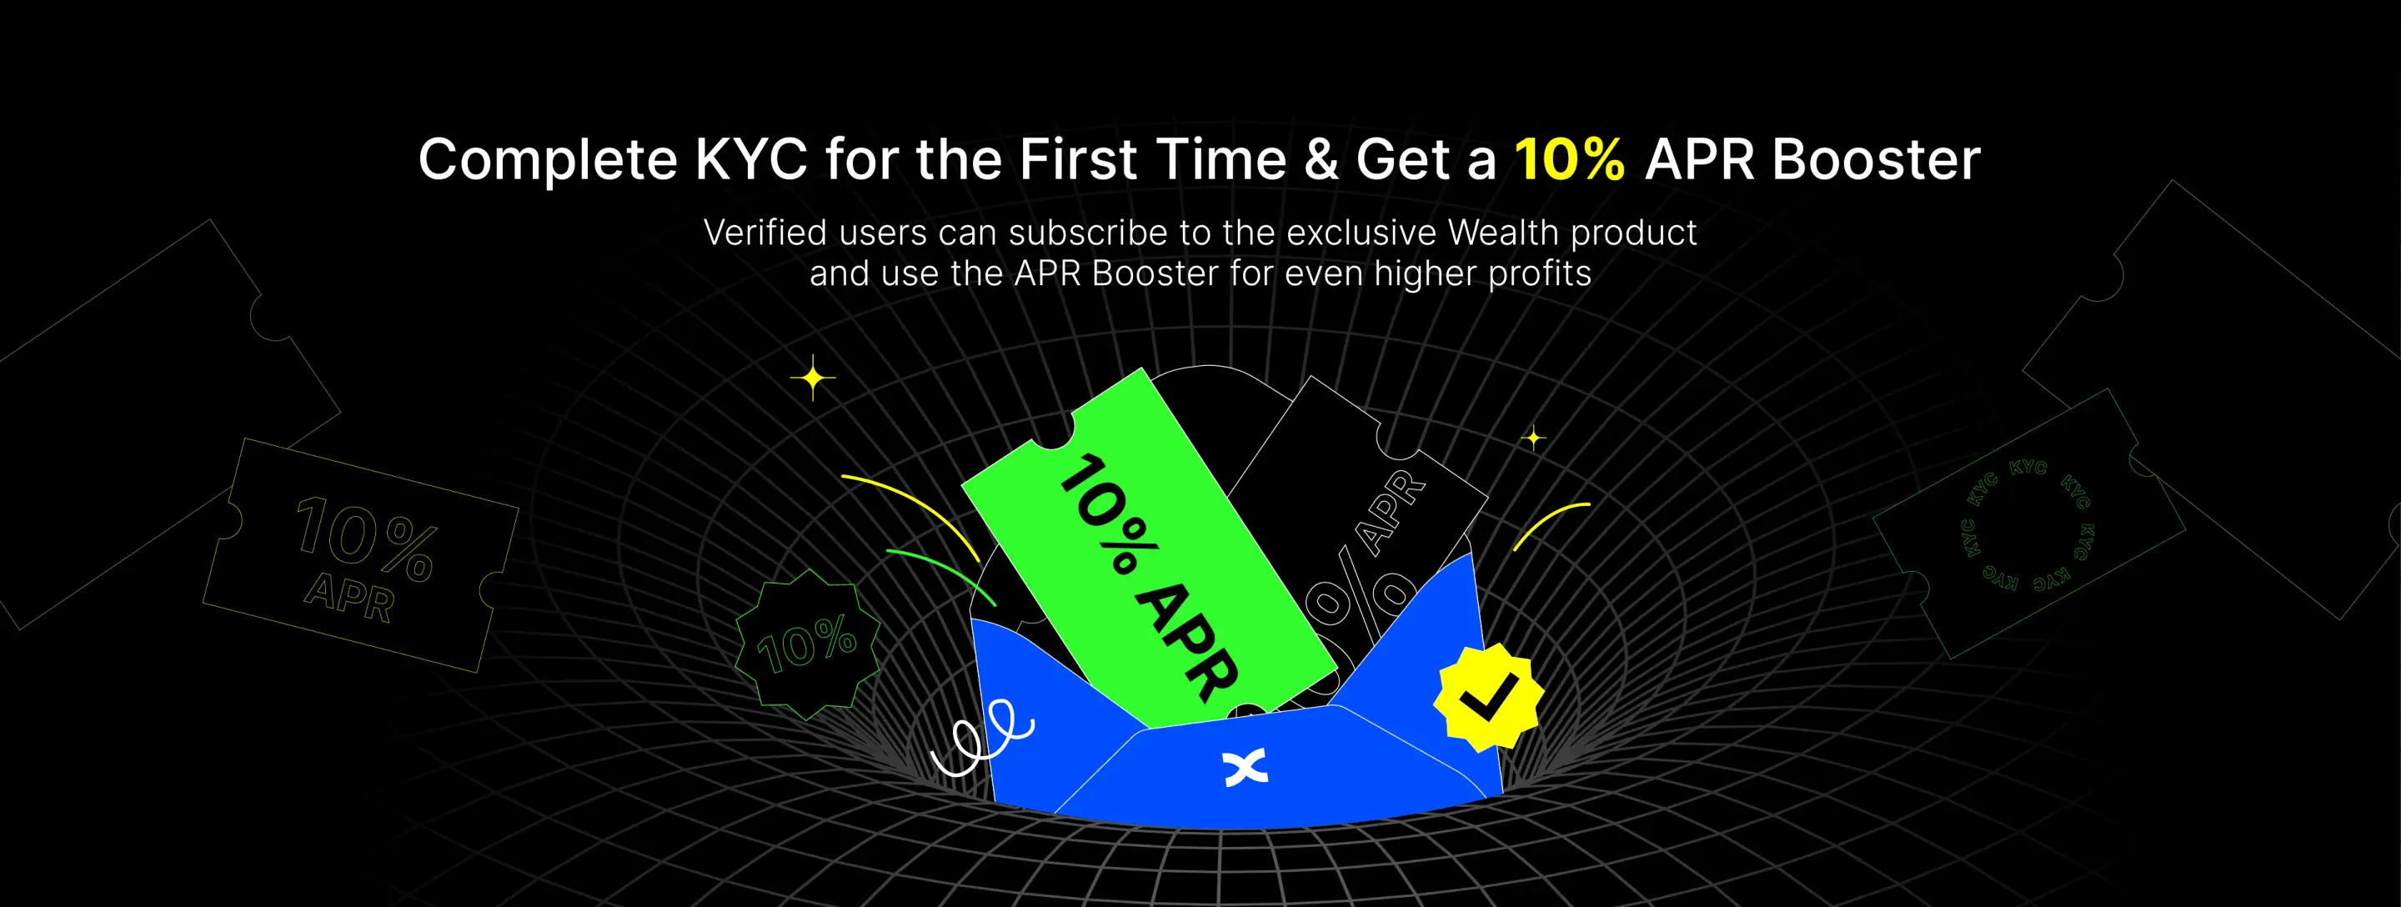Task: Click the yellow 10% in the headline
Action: coord(1570,159)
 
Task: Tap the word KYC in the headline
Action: coord(751,159)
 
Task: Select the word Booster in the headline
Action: coord(1875,159)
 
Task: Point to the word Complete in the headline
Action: coord(548,160)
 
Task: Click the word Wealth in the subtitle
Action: coord(1503,232)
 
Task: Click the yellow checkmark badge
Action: coord(1487,696)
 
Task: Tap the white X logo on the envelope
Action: coord(1246,767)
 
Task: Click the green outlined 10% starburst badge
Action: coord(807,644)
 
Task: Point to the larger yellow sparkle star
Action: coord(813,378)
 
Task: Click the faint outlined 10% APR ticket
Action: coord(361,555)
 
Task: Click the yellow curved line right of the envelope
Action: coord(1546,521)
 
